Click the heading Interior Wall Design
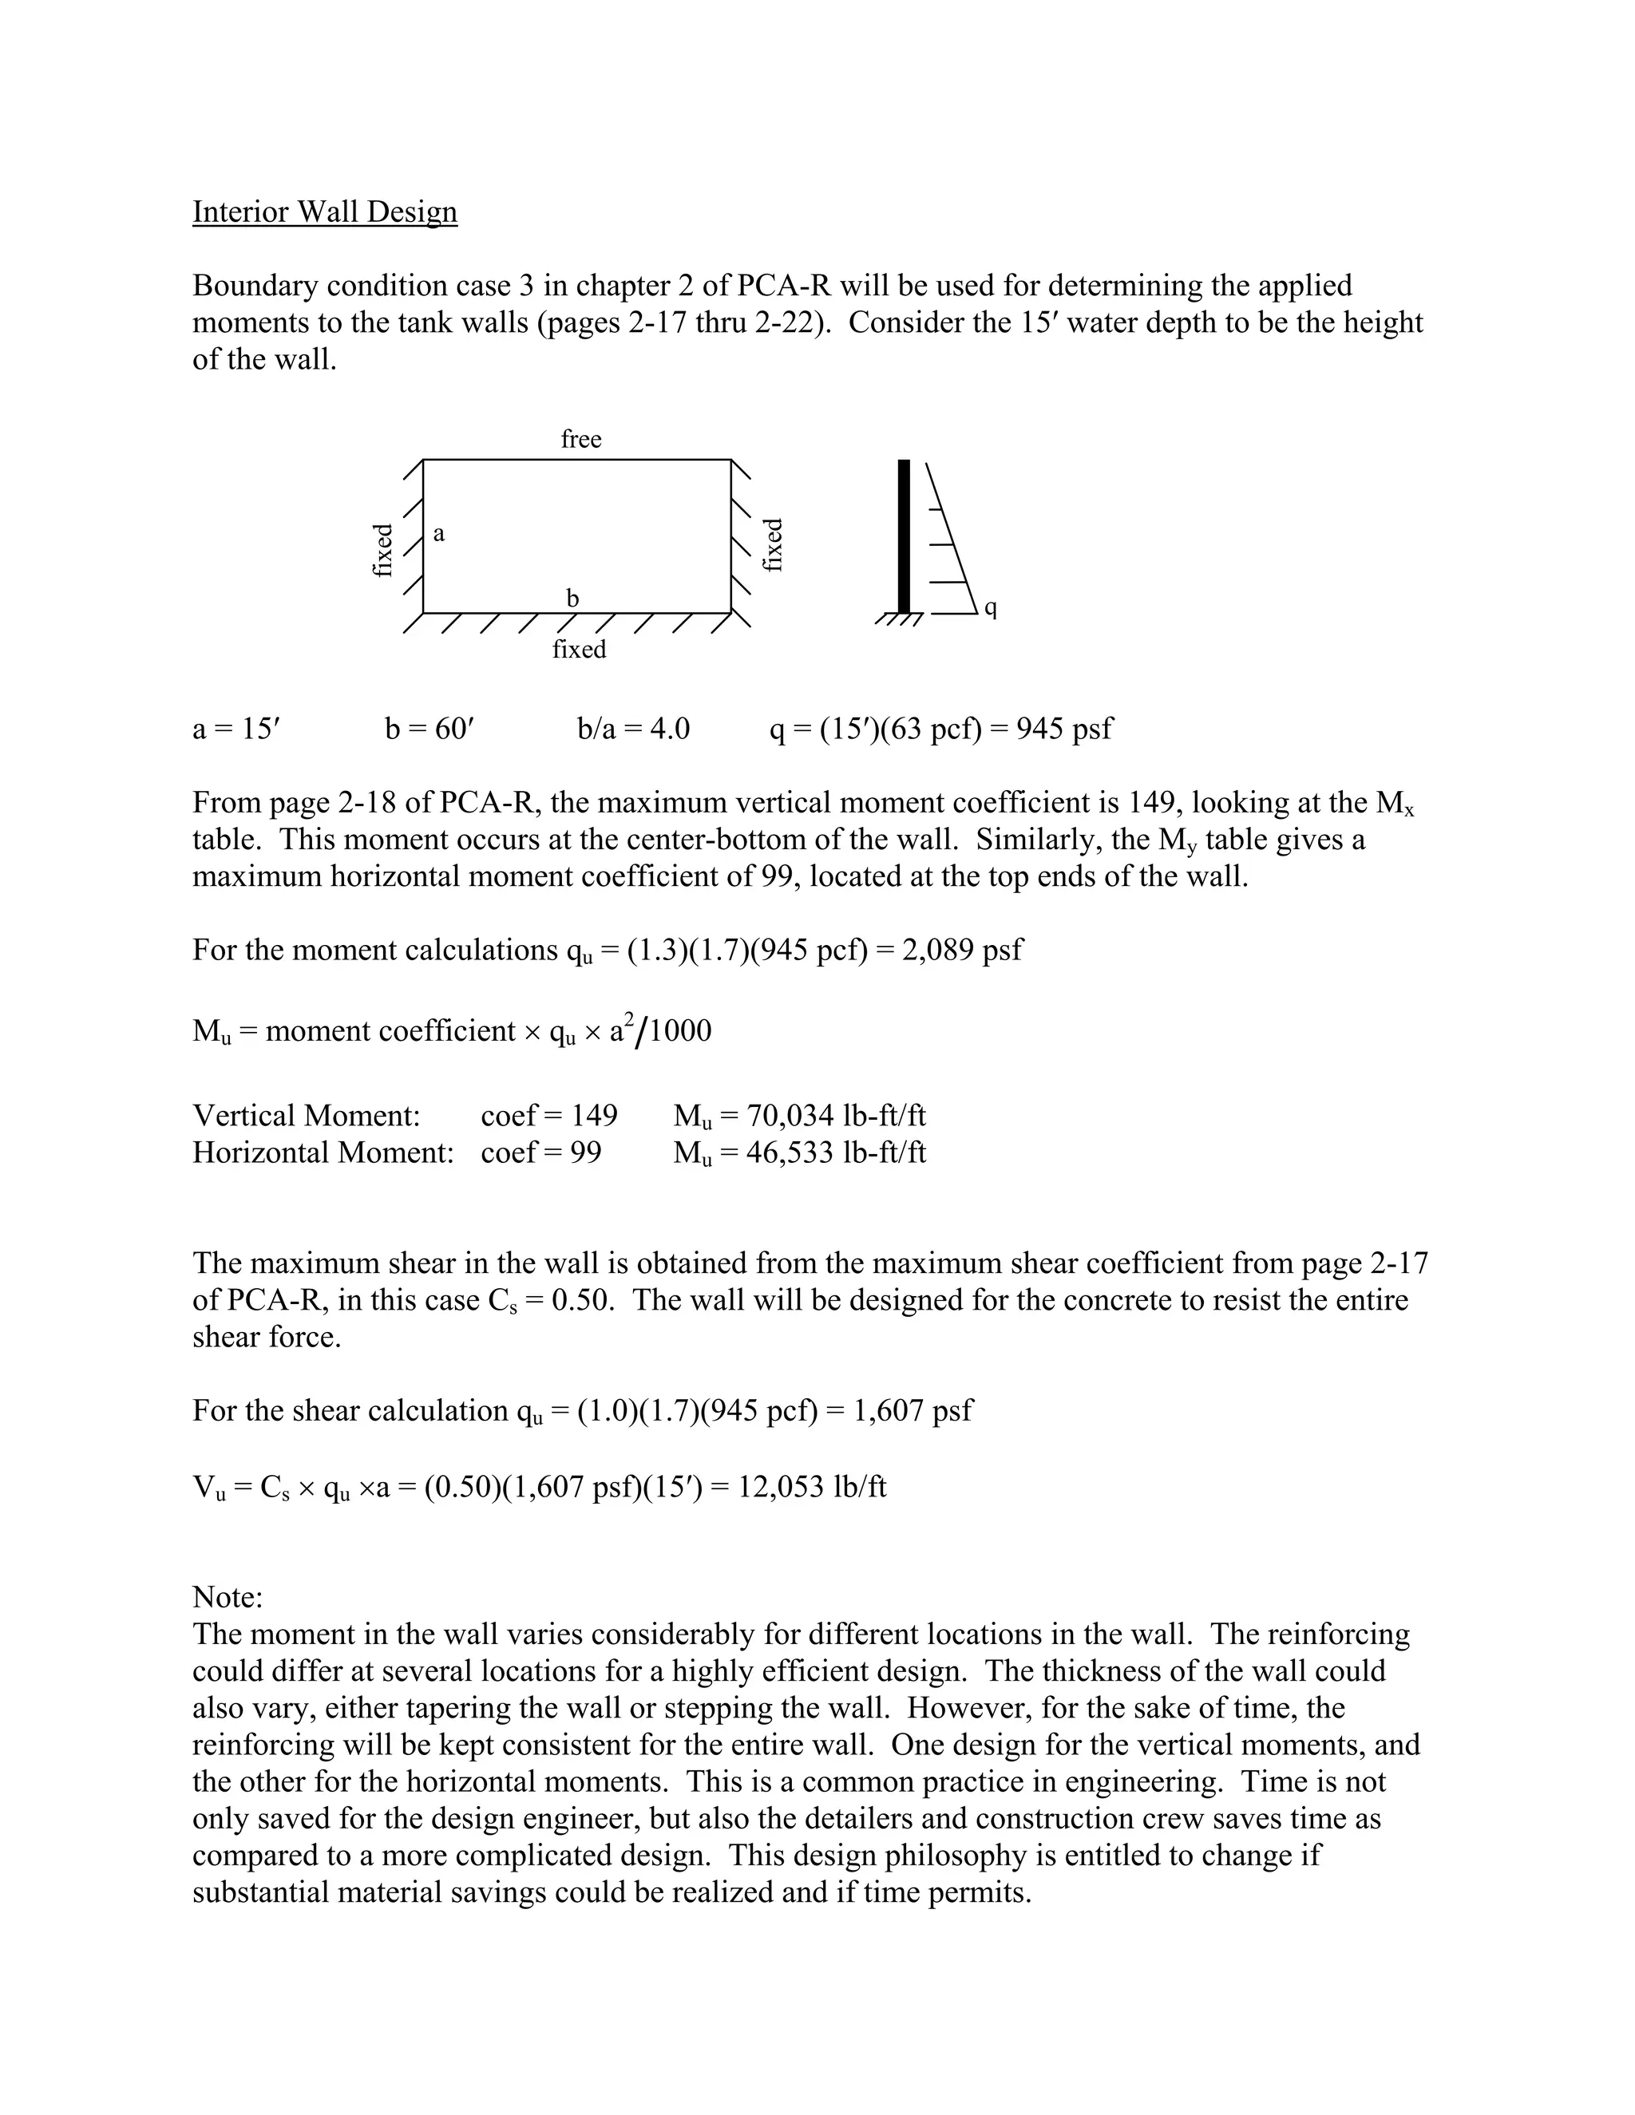324,211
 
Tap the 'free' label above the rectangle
581,440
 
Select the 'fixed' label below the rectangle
580,650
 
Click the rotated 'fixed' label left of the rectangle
383,549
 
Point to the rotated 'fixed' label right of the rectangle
773,545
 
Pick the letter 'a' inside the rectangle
439,534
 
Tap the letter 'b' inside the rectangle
572,599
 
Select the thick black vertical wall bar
904,536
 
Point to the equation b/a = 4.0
633,727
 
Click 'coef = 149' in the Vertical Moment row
549,1116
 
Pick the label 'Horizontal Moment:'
323,1152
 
